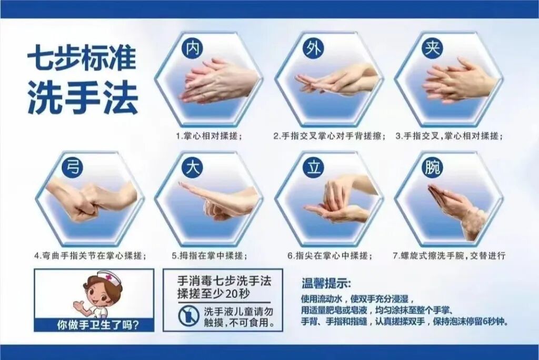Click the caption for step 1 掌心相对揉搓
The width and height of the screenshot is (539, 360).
click(x=209, y=136)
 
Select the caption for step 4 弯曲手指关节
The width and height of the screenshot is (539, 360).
click(x=90, y=256)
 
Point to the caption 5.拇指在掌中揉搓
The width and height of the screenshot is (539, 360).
click(x=209, y=256)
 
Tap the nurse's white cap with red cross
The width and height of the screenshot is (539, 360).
click(x=105, y=277)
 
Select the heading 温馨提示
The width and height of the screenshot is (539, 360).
click(x=326, y=283)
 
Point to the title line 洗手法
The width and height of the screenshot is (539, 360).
click(x=83, y=98)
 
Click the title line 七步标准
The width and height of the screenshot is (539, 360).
click(x=82, y=59)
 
